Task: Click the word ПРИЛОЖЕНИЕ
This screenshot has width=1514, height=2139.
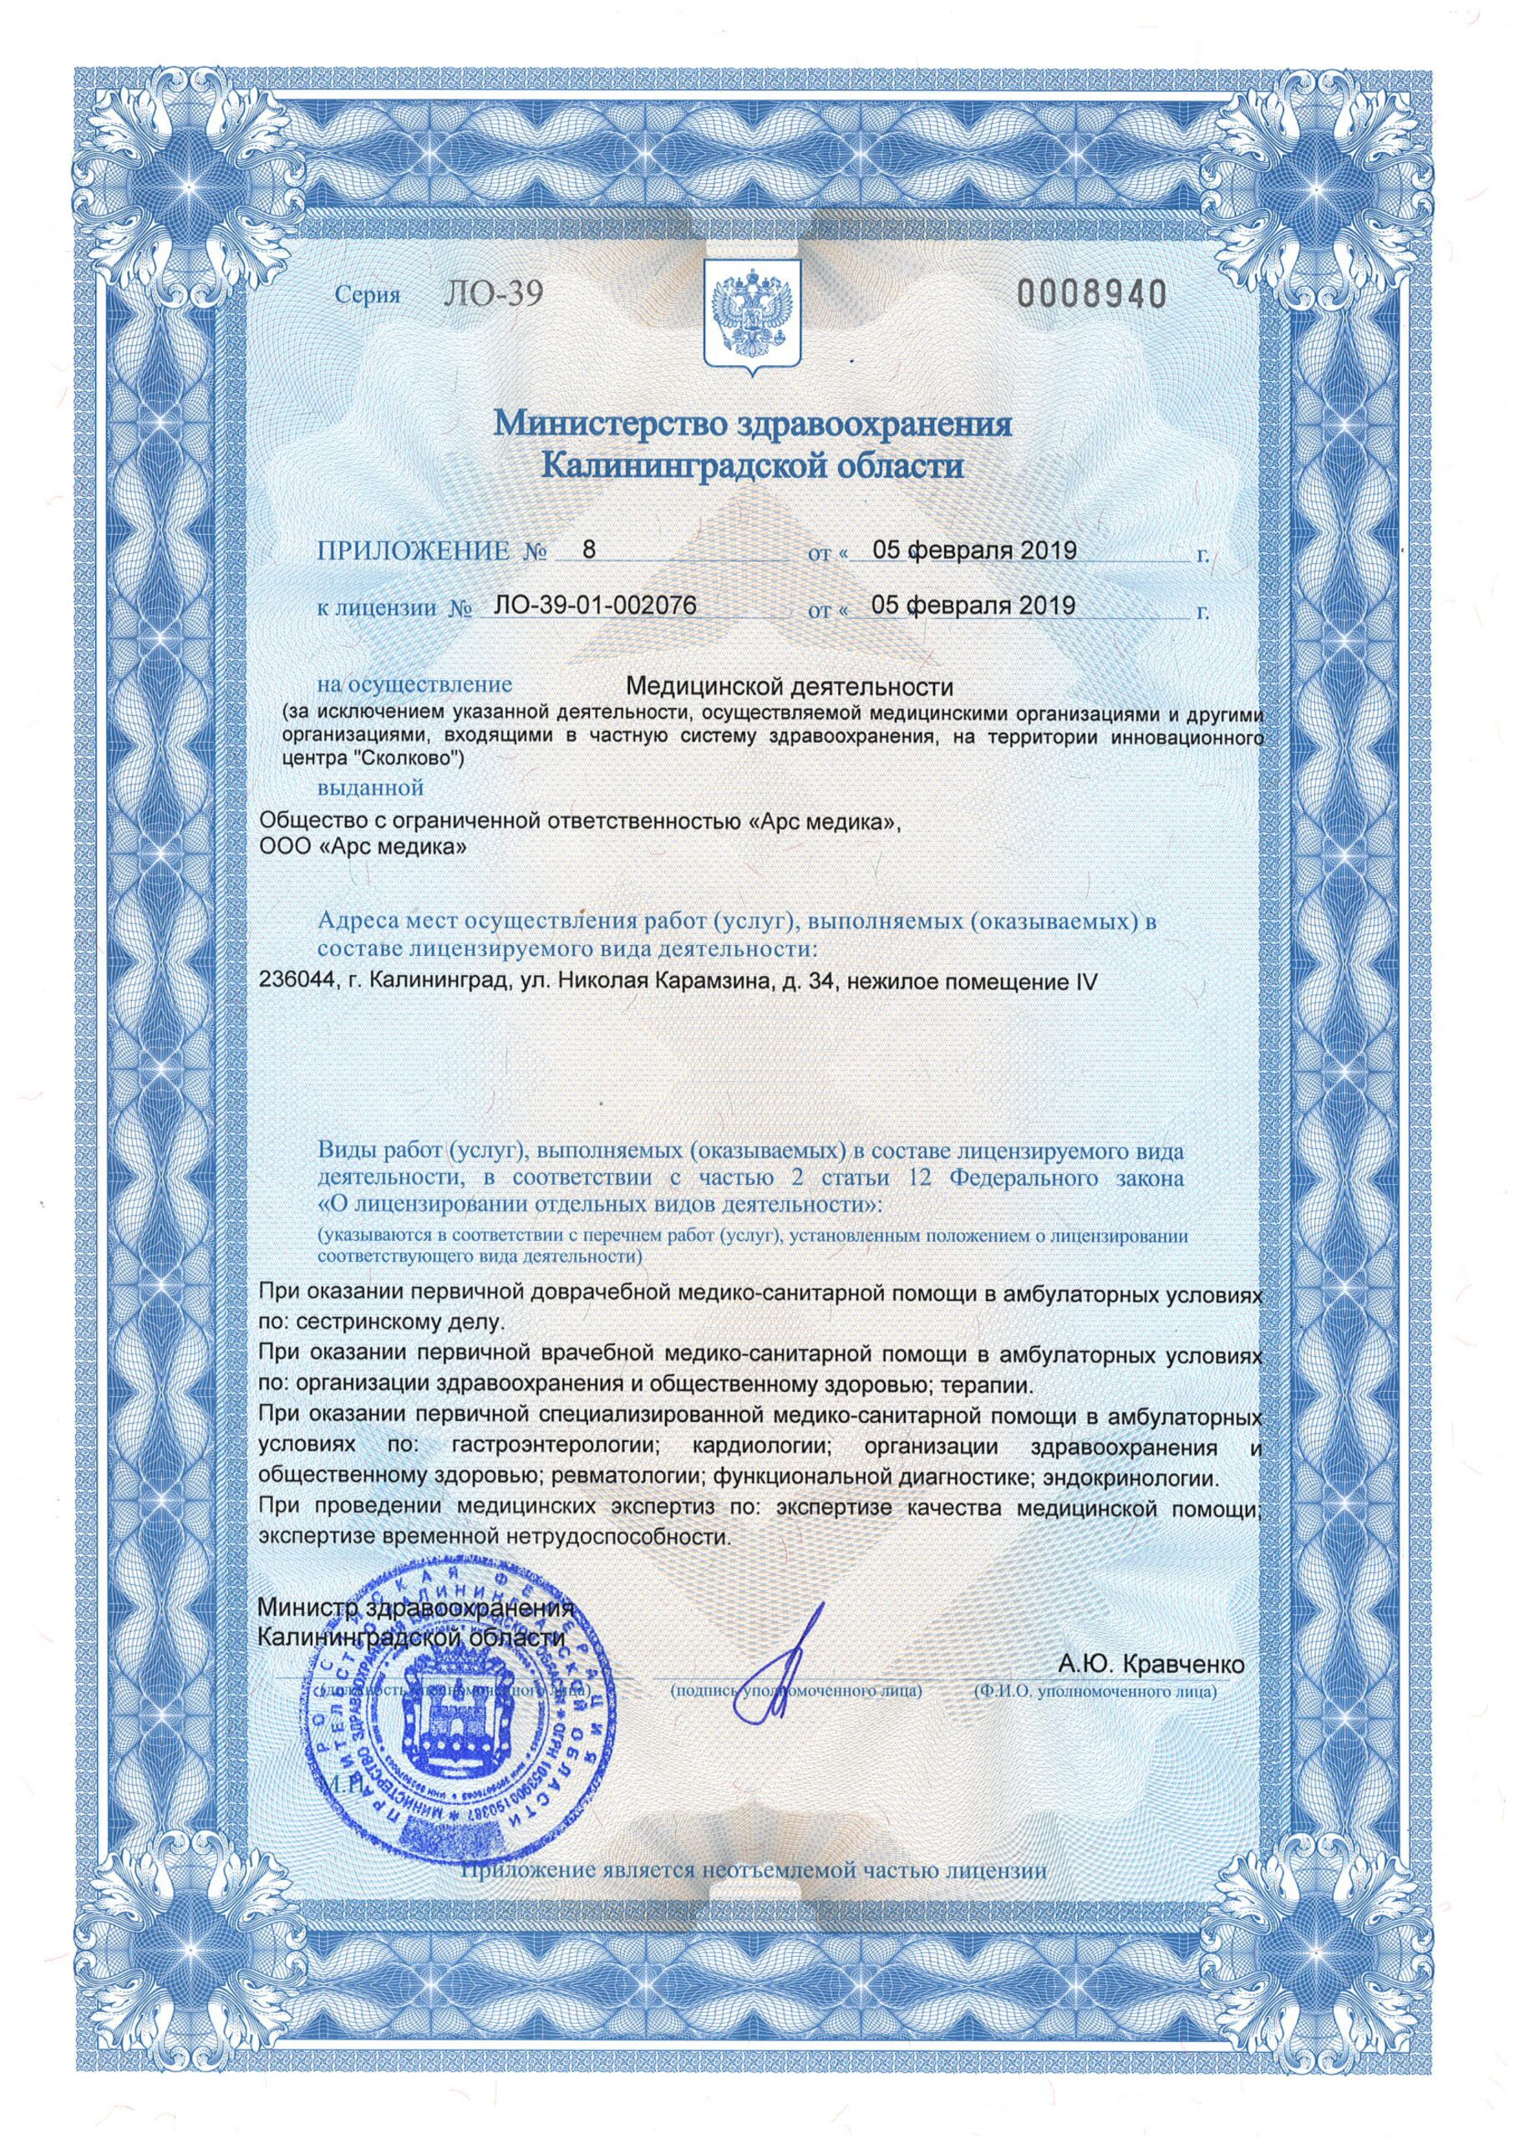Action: point(414,551)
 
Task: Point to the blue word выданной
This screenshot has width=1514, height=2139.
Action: point(371,788)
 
